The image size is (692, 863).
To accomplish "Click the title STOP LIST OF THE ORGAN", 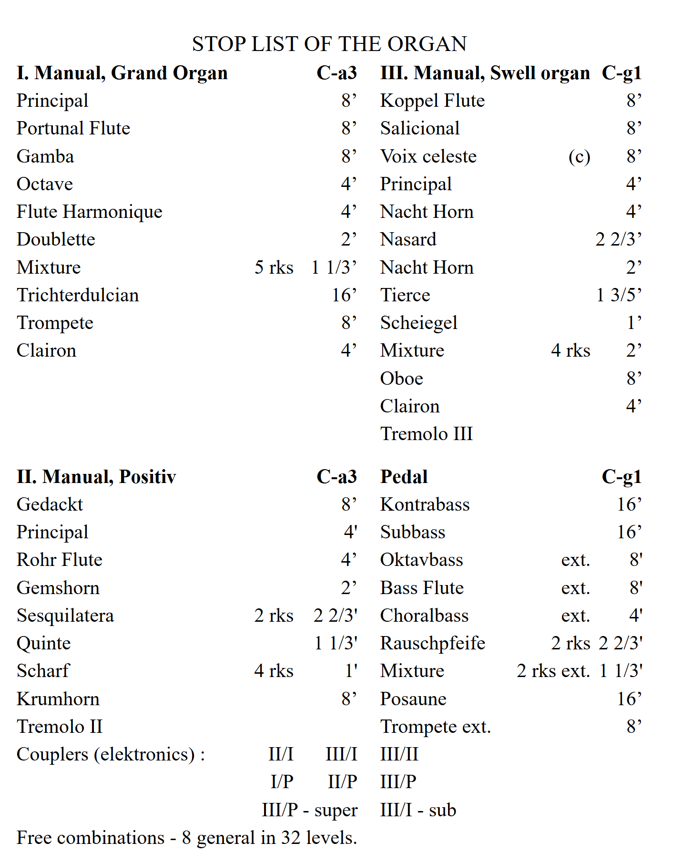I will [x=329, y=44].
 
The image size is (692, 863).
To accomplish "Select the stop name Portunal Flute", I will [x=73, y=128].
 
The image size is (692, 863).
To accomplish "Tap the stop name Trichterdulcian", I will [x=78, y=295].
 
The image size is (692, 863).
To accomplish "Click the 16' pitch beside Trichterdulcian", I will [x=344, y=295].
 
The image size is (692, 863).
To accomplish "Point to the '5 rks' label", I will [x=274, y=267].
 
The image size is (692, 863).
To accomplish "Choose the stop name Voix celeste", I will [x=428, y=156].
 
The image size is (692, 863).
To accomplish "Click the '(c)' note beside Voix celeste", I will [x=579, y=157].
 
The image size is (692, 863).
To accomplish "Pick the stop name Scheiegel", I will [x=419, y=323].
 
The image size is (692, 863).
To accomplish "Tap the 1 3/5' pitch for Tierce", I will [x=619, y=295].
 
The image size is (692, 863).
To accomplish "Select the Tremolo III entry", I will [x=427, y=434].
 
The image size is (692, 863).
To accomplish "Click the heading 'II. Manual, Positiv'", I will [x=96, y=477].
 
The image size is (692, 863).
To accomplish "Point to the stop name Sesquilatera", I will [x=65, y=616].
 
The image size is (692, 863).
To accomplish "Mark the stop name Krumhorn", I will [x=58, y=699].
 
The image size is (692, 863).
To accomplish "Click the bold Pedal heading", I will [x=404, y=477].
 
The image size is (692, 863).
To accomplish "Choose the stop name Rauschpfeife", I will [x=433, y=643].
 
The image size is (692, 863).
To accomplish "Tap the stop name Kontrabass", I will [x=425, y=504].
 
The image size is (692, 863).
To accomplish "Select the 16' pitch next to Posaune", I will [x=629, y=699].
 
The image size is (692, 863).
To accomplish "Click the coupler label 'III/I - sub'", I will [x=418, y=810].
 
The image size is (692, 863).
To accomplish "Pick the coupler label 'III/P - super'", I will [x=309, y=810].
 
